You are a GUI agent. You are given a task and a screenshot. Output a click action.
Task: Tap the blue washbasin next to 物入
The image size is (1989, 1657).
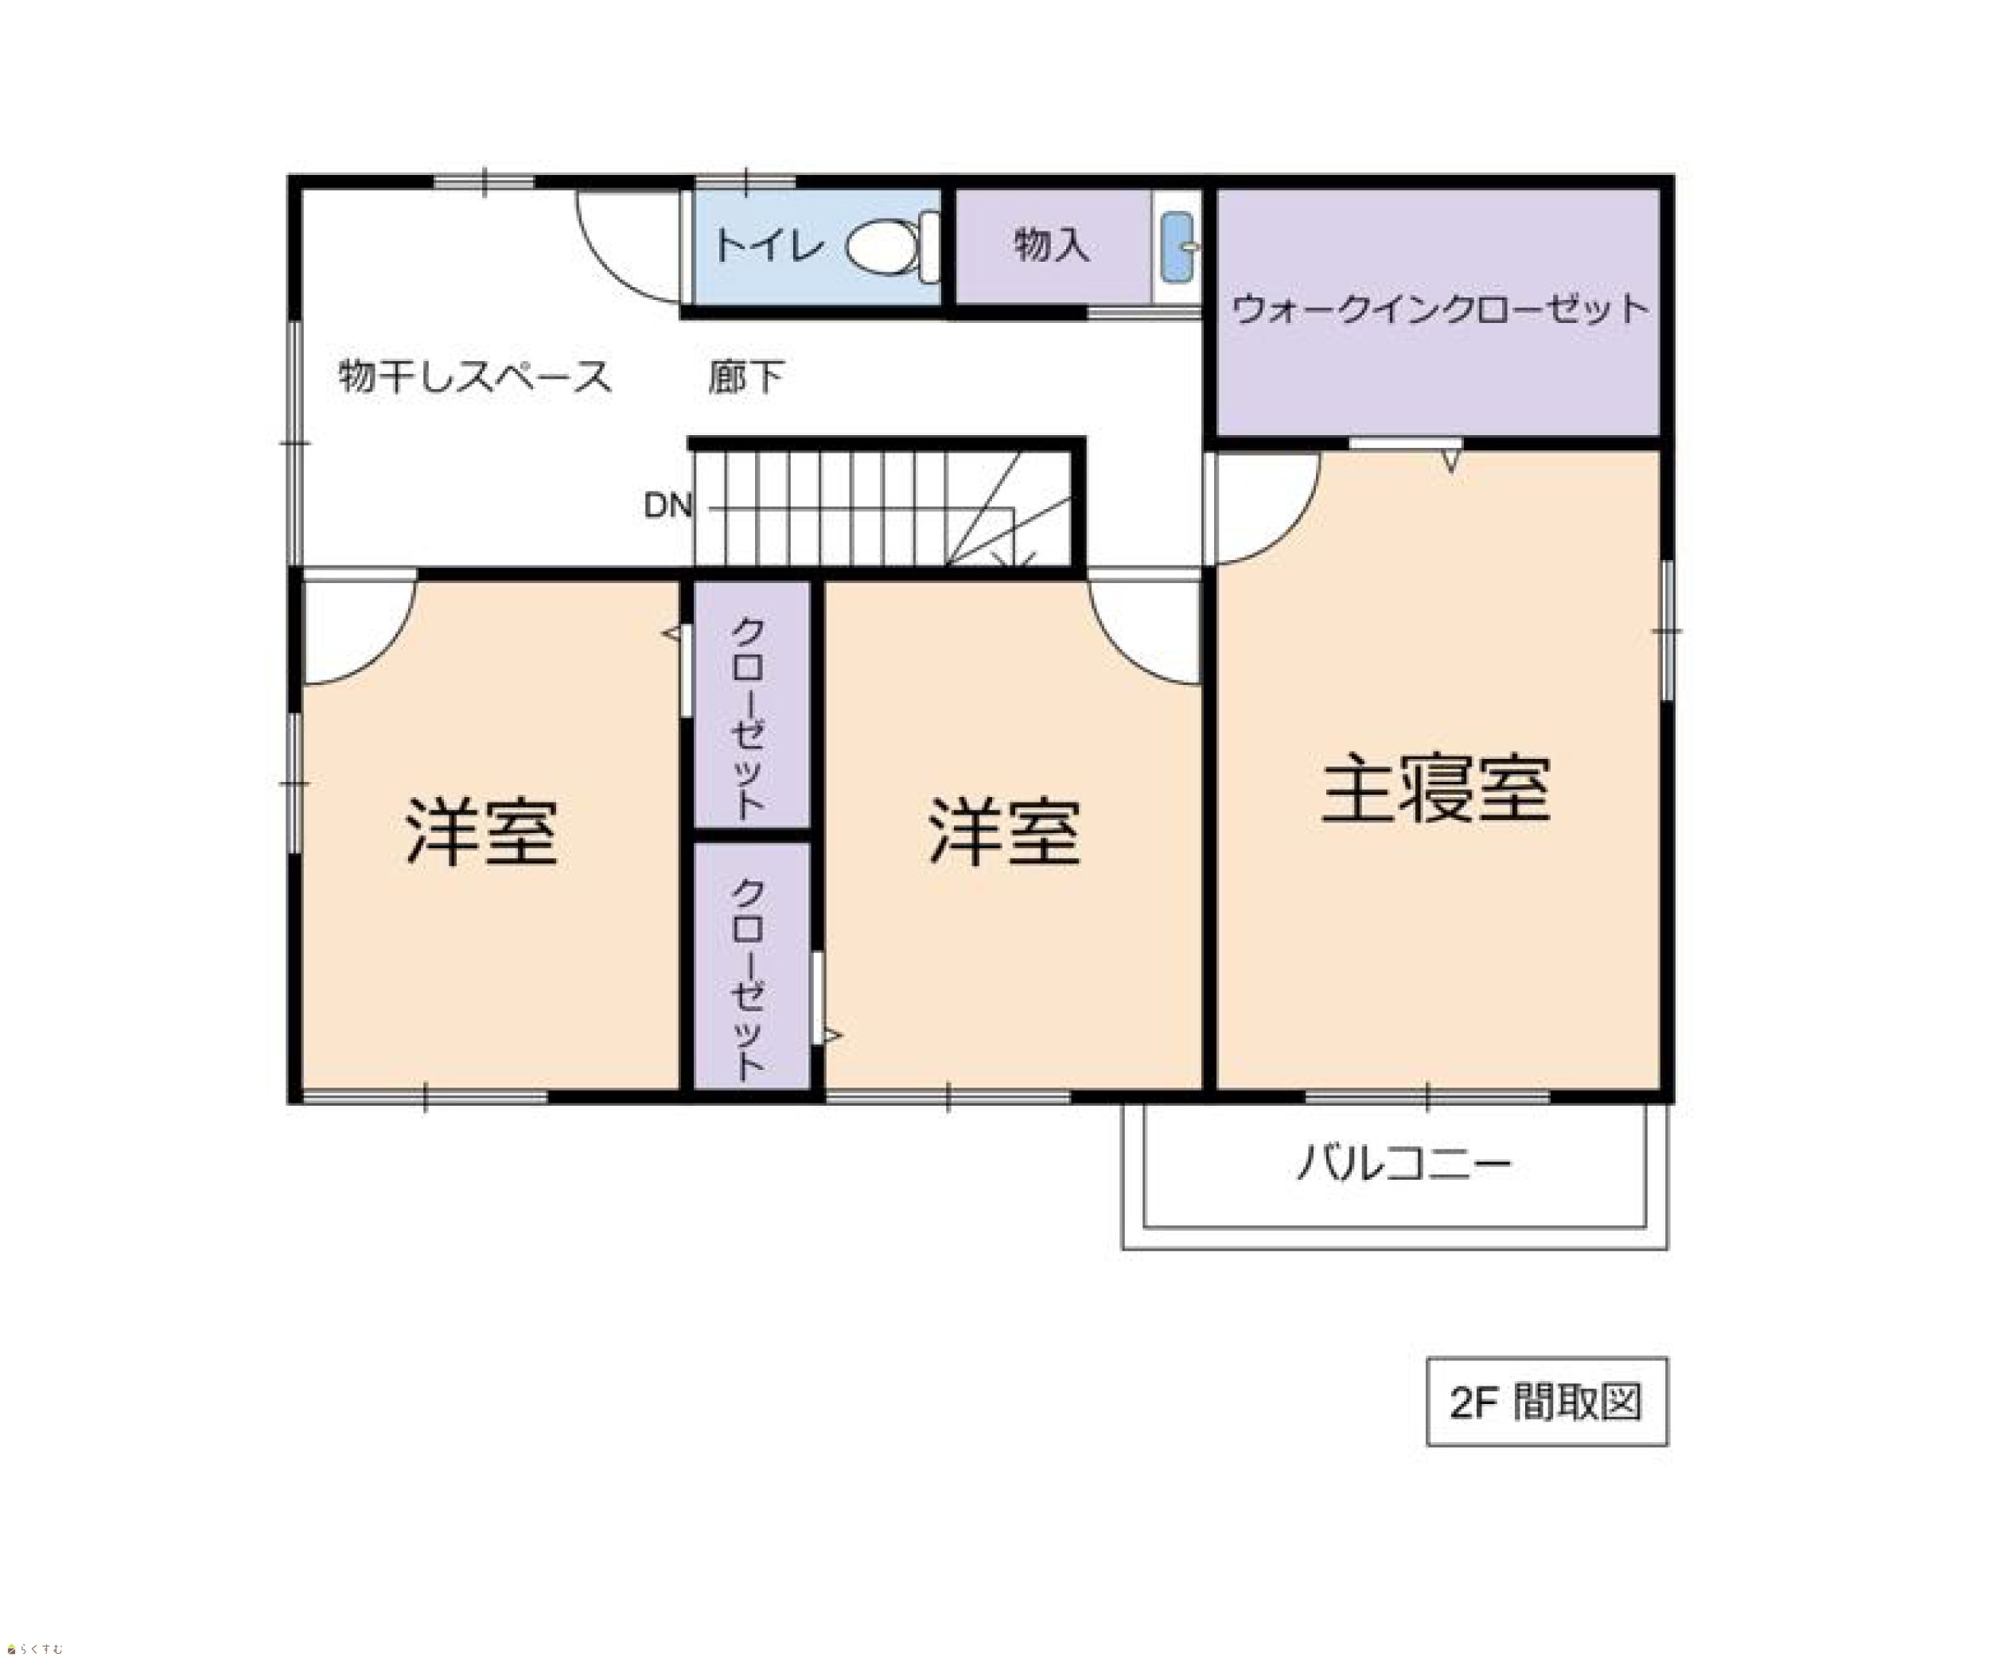coord(1177,247)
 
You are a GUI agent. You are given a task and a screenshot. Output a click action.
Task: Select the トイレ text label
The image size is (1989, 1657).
coord(769,246)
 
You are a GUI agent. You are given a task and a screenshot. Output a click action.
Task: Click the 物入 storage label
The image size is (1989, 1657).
coord(1051,244)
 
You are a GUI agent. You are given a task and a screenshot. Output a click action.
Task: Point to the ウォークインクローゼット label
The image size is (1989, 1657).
coord(1440,309)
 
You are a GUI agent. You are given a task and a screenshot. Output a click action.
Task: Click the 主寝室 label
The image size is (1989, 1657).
coord(1436,789)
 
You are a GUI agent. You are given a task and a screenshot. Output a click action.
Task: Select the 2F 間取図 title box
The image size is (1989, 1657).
coord(1547,1402)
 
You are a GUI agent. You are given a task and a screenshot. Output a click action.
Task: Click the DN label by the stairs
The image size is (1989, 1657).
coord(668,506)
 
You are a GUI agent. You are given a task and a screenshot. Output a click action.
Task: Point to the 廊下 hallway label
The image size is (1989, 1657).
coord(746,377)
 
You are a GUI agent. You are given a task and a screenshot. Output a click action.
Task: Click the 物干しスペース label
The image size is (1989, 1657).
coord(474,376)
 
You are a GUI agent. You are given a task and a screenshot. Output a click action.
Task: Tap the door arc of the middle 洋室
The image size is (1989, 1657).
coord(1118,653)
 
